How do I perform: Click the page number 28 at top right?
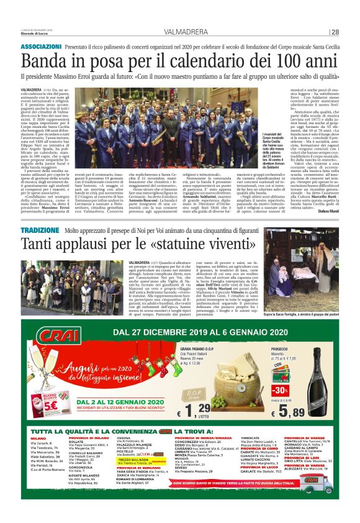(334, 32)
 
